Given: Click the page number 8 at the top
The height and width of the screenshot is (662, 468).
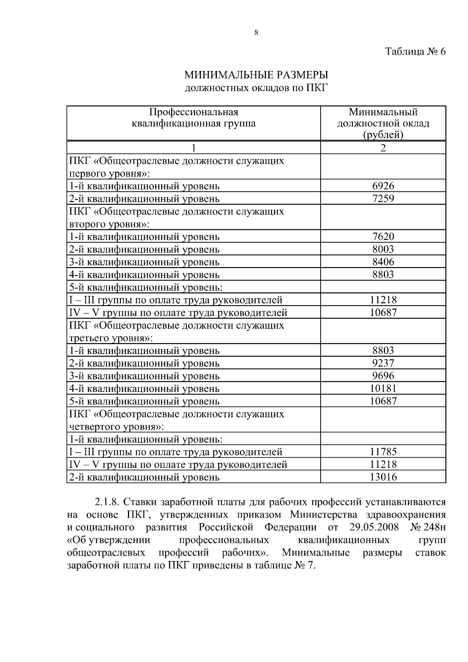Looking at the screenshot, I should click(x=256, y=33).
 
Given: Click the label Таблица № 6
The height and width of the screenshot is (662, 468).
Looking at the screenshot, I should click(x=415, y=51).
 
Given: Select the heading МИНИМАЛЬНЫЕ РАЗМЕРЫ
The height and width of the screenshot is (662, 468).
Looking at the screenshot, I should click(x=256, y=74).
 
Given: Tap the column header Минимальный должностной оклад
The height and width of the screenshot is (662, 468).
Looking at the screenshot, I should click(x=383, y=123).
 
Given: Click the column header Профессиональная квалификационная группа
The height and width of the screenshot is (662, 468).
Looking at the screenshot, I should click(x=193, y=118).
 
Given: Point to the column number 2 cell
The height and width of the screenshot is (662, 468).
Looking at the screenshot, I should click(x=383, y=148).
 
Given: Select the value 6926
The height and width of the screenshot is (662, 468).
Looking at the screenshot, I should click(x=383, y=186).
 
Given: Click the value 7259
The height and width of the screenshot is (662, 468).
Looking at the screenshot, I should click(x=383, y=198).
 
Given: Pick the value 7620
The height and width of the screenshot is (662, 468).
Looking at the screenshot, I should click(x=383, y=237).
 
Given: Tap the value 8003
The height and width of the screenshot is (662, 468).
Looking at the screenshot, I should click(x=383, y=249).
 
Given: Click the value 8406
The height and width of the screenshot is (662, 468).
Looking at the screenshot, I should click(x=383, y=262).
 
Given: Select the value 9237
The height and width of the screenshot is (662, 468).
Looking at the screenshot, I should click(x=383, y=363).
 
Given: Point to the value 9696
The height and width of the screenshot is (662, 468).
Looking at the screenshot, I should click(x=383, y=376).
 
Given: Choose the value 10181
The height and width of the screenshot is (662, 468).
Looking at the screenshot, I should click(x=383, y=389).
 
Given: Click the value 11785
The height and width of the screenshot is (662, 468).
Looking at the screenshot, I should click(x=383, y=452).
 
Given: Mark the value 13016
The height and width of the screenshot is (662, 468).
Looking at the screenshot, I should click(x=383, y=477).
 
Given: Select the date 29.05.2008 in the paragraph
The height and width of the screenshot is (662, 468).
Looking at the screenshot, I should click(x=372, y=527).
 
